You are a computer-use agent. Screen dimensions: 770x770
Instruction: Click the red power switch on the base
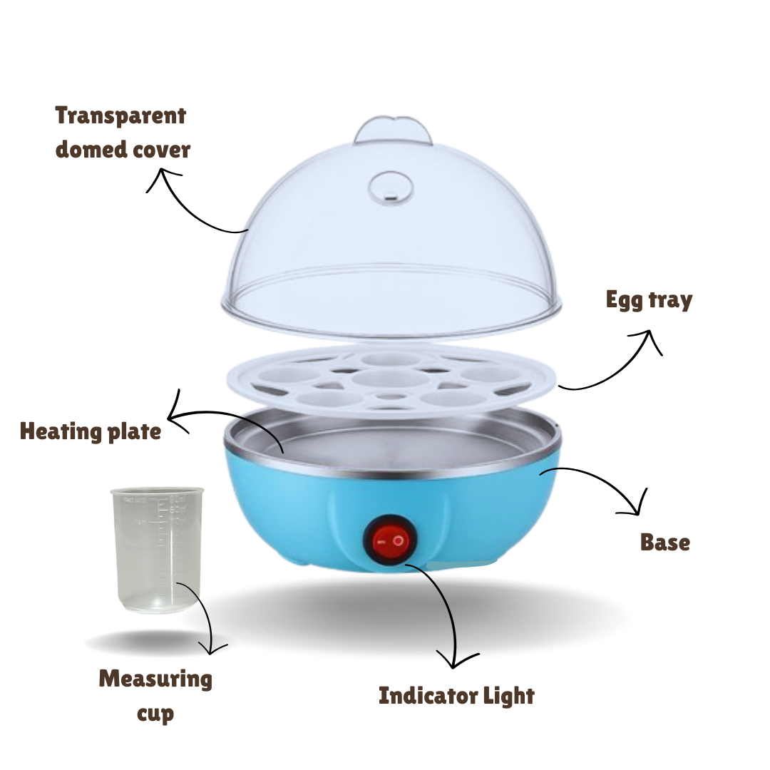coord(391,540)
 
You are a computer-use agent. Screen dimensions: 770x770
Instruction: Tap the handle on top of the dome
coord(394,130)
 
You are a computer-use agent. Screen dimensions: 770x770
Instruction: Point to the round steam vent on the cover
coord(391,188)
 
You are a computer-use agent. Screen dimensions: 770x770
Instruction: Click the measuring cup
coord(157,550)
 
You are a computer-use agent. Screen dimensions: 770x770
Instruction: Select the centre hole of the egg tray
coord(391,379)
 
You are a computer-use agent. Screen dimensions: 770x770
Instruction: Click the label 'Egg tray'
coord(649,299)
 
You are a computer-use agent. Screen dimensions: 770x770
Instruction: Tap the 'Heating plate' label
coord(91,431)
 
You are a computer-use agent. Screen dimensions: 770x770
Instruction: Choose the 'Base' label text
coord(665,542)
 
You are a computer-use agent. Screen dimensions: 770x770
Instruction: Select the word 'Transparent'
coord(120,116)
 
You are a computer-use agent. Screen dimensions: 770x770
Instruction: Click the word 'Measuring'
coord(155,679)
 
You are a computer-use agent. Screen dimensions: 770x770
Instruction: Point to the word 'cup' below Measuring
coord(155,714)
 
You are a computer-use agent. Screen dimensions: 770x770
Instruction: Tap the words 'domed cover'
coord(123,149)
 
